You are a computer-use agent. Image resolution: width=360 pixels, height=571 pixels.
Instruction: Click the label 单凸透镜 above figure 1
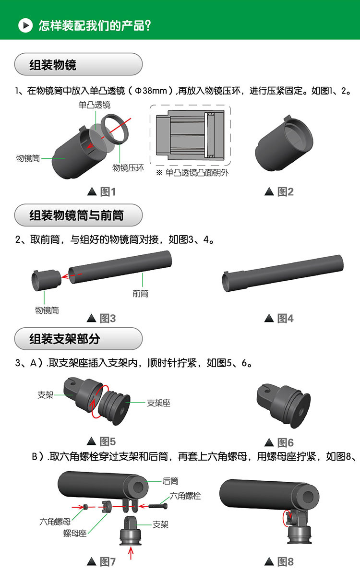coord(95,105)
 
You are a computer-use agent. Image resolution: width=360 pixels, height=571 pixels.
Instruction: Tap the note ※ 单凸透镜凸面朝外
coord(192,173)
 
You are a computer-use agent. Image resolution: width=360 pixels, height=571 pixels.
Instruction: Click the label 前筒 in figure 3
coord(141,293)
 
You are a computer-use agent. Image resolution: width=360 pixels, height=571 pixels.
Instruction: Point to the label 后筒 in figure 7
coord(170,480)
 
